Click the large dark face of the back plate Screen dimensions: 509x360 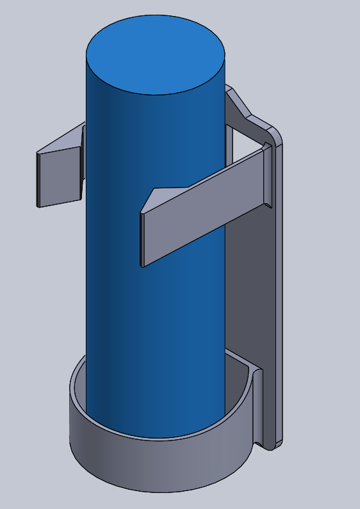click(x=250, y=288)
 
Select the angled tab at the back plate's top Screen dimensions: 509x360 click(x=240, y=106)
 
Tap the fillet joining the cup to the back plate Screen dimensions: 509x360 click(x=259, y=410)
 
